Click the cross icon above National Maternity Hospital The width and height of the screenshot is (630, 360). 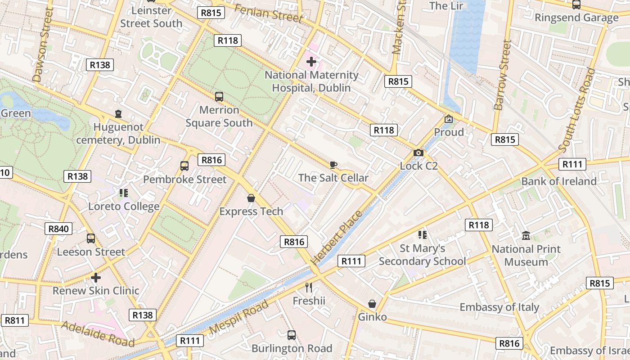311,61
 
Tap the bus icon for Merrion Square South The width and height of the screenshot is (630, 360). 219,96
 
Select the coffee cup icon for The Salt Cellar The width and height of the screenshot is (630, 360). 333,165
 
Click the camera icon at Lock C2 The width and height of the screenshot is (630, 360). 418,153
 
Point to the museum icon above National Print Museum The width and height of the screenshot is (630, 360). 526,236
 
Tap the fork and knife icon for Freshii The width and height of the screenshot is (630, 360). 309,287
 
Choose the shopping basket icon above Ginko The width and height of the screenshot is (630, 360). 372,304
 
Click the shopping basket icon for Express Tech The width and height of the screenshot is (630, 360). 251,198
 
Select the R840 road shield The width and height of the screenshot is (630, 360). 58,229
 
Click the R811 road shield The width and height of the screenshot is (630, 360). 14,320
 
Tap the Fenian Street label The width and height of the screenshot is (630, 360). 268,13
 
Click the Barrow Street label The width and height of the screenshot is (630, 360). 503,75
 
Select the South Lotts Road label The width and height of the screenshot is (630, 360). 577,110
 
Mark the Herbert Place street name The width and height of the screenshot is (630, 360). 337,237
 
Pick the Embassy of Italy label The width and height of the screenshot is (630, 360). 499,307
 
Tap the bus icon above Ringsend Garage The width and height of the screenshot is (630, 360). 576,5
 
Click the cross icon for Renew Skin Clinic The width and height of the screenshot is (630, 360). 96,278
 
